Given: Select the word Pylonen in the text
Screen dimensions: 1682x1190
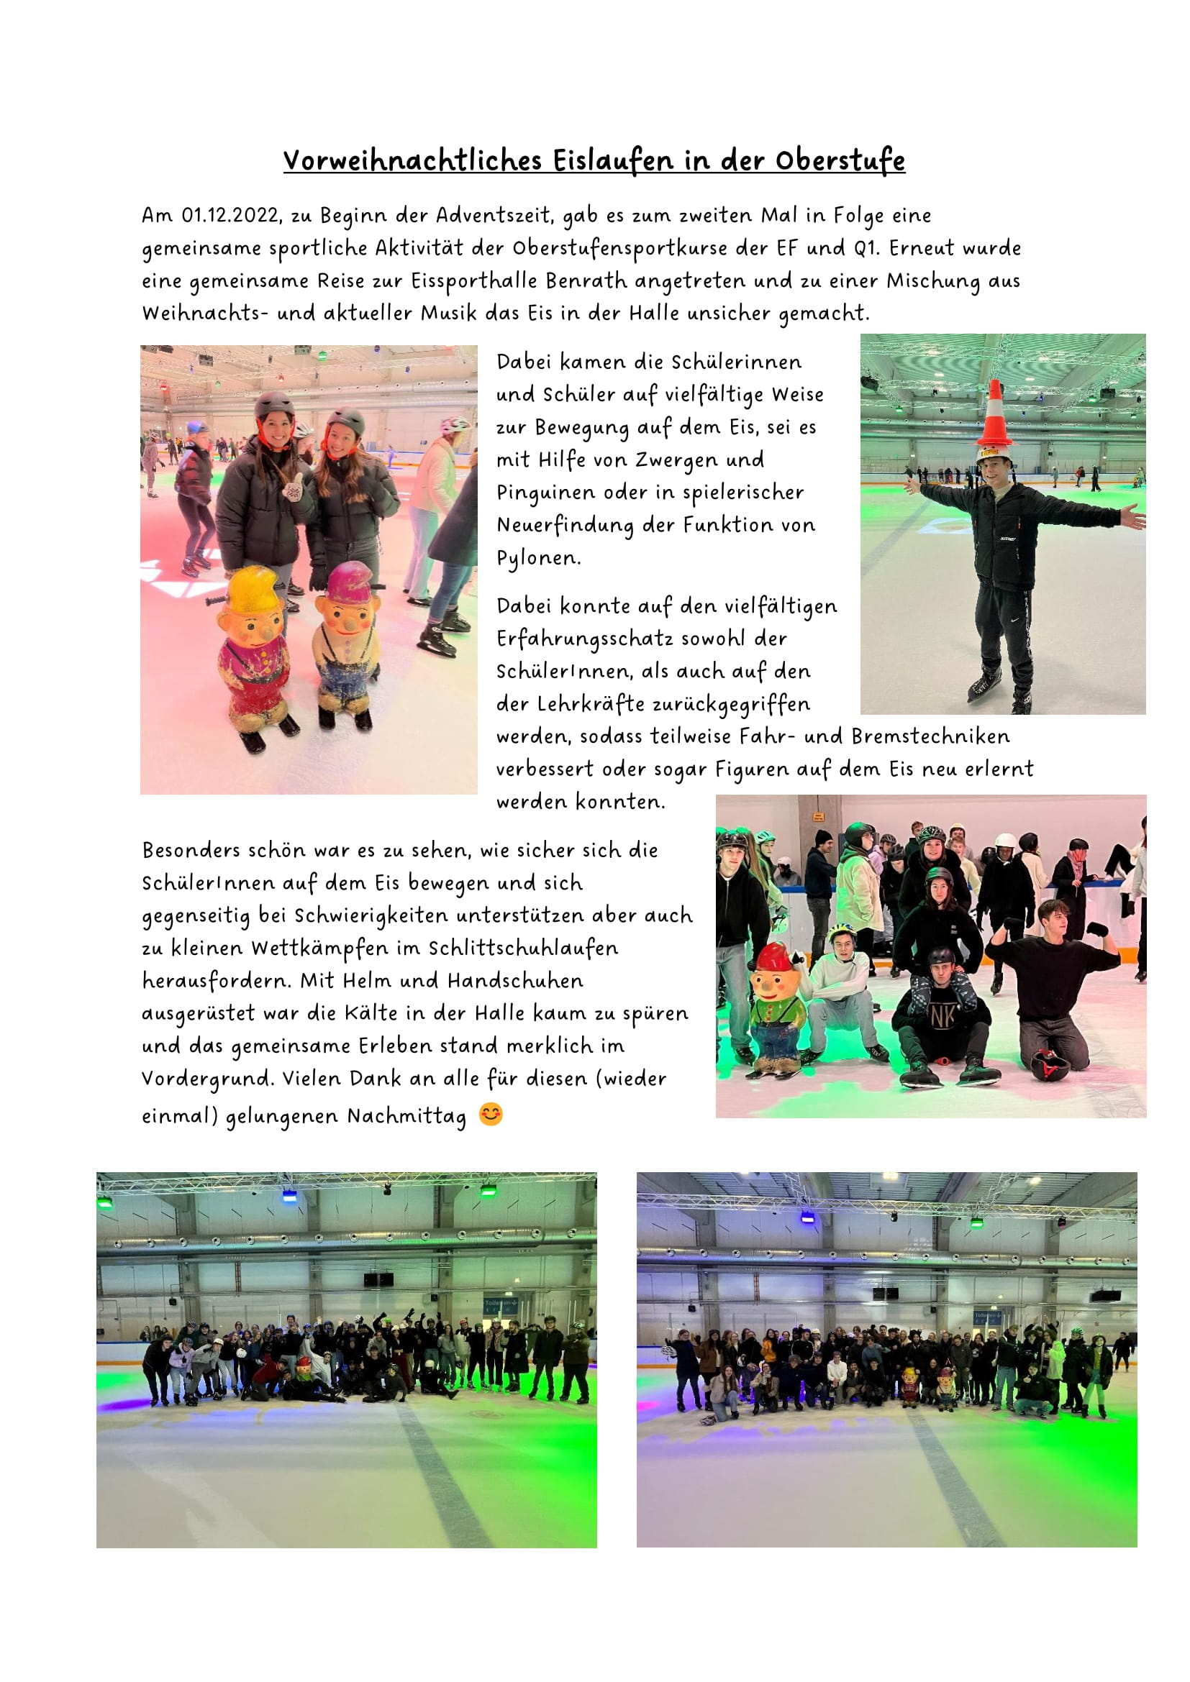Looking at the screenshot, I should pyautogui.click(x=538, y=558).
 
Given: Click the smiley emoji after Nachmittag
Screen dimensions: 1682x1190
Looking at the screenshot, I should pyautogui.click(x=490, y=1114).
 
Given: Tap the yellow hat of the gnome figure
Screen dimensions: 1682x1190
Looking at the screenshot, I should pyautogui.click(x=253, y=590).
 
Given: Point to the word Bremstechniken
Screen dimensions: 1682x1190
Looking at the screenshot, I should pyautogui.click(x=930, y=736).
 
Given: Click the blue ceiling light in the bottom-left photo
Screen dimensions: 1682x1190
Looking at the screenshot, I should pyautogui.click(x=289, y=1195).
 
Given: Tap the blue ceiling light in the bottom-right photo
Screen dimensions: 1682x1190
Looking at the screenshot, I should pyautogui.click(x=807, y=1217).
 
